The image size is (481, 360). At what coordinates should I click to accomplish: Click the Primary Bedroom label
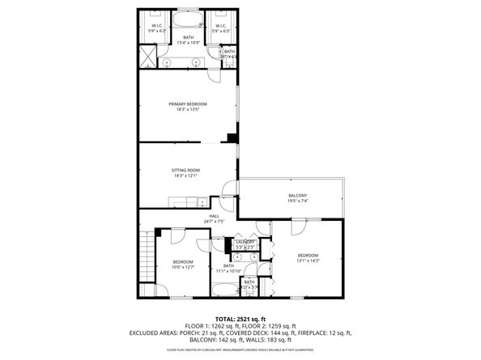click(187, 104)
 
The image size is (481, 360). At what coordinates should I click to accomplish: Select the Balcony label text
click(297, 196)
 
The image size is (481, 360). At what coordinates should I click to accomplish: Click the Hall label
click(214, 216)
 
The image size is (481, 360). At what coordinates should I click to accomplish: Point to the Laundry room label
click(245, 241)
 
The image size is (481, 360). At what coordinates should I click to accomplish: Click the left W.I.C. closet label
click(158, 25)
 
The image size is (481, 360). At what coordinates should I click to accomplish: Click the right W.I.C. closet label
click(219, 25)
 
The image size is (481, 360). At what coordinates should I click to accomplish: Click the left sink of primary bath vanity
click(168, 62)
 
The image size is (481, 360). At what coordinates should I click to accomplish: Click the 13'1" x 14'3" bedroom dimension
click(309, 260)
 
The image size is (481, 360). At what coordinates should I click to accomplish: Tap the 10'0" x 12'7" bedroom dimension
click(182, 267)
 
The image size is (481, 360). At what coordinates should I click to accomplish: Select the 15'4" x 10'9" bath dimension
click(188, 42)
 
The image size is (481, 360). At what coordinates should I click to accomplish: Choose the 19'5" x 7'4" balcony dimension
click(297, 201)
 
